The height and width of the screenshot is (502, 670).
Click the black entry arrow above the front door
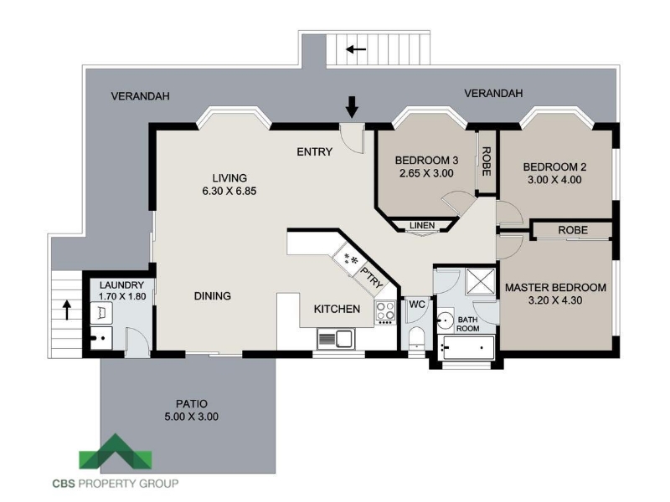(352, 107)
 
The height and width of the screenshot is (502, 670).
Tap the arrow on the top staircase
(356, 49)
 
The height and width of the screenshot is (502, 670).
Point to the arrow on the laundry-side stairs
(67, 310)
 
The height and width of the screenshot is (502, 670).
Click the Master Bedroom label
(555, 287)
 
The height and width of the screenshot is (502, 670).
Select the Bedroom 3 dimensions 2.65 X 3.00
(426, 173)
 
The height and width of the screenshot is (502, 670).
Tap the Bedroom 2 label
(554, 166)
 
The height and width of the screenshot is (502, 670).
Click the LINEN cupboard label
(422, 225)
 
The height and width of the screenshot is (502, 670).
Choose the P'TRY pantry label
(372, 278)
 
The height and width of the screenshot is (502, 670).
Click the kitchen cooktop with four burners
(385, 311)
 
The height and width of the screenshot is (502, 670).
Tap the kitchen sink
(336, 340)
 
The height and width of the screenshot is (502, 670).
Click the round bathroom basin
(446, 320)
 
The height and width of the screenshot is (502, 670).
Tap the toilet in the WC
(415, 338)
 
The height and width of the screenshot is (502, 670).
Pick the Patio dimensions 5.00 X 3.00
(192, 417)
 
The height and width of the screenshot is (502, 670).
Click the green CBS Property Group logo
(116, 452)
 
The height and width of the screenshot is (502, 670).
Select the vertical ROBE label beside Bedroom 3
(486, 161)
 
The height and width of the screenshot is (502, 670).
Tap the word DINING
(213, 296)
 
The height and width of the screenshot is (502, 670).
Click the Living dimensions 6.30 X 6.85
(229, 191)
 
